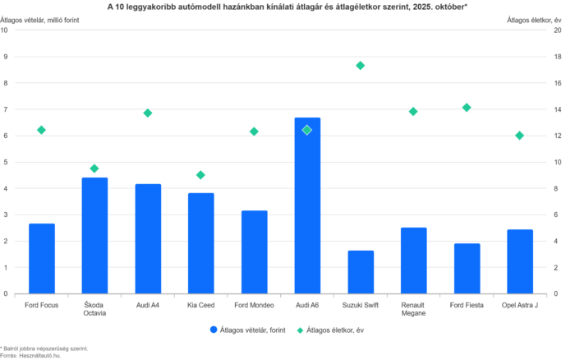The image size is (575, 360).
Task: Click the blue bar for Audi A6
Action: (307, 205)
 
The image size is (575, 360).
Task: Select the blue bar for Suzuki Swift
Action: (360, 271)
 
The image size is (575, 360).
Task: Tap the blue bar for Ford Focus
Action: (42, 258)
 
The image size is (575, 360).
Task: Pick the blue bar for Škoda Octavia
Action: (94, 235)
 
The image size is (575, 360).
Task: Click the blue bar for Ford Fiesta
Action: (466, 268)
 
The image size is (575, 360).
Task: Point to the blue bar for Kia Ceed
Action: (200, 242)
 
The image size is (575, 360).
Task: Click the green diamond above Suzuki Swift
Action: (360, 65)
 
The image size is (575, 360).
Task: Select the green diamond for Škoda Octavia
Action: (94, 168)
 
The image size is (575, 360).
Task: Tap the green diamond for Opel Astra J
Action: (519, 135)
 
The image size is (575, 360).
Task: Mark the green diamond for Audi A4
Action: (148, 113)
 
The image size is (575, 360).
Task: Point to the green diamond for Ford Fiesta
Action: (467, 108)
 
